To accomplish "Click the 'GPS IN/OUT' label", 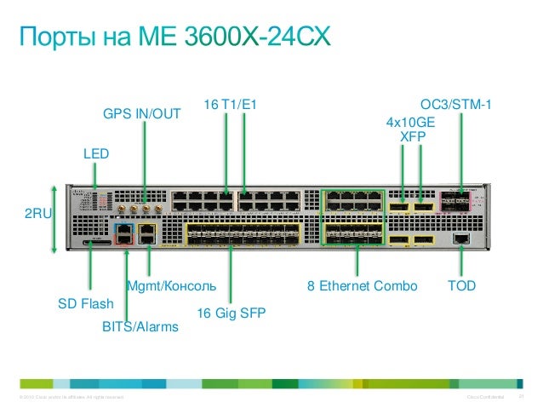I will coord(142,112).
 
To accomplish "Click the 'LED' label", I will coord(96,154).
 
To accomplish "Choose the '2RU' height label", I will coord(37,216).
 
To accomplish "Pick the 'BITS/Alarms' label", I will coord(140,326).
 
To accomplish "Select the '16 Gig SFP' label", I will coord(231,313).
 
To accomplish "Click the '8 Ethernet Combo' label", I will coord(363,285).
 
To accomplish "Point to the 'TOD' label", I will coord(461,285).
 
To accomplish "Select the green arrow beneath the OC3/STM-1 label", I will coord(461,153).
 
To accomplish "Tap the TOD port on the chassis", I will coord(460,238).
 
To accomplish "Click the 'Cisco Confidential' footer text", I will coord(487,398).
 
